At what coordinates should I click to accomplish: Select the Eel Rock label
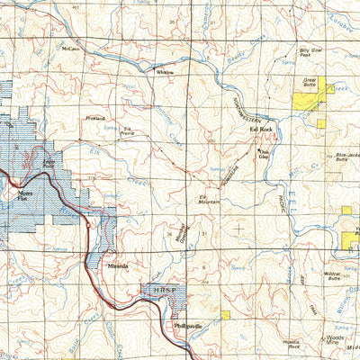261,130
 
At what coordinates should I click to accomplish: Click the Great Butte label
310,81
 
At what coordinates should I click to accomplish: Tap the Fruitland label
95,118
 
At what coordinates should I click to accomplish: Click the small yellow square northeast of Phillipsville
225,315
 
